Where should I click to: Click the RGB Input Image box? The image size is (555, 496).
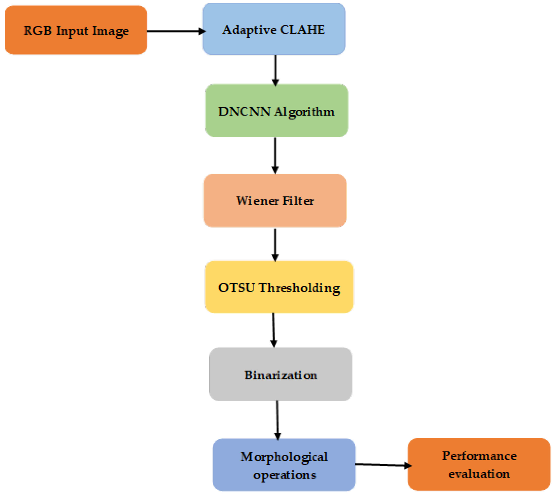coord(76,30)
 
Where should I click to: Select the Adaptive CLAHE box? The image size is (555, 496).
coord(274,29)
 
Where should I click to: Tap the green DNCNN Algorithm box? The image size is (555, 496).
coord(276,110)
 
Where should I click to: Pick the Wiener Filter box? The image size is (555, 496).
coord(275,201)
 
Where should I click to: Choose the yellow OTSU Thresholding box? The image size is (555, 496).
coord(279,287)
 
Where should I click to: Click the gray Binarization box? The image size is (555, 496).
coord(281,374)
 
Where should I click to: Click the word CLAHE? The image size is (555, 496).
coord(302,30)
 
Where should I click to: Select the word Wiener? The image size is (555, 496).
coord(257,201)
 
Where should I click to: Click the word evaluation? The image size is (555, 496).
coord(479,474)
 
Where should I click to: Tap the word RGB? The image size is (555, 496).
coord(37,30)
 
